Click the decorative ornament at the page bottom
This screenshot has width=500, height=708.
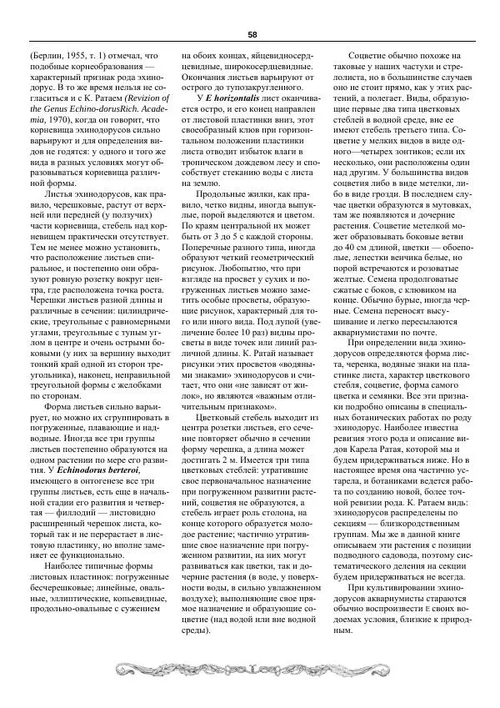(x=250, y=667)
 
